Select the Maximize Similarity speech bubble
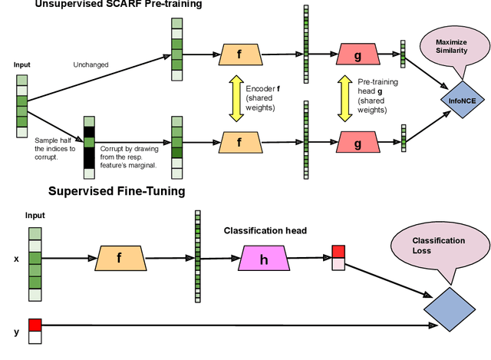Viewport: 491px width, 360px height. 450,47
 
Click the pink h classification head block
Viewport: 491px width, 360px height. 264,259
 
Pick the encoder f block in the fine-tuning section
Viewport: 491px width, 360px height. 119,259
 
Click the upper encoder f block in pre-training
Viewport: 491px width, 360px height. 238,54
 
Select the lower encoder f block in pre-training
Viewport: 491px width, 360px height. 238,142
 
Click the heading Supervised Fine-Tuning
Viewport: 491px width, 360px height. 116,191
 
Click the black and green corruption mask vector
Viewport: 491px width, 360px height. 88,142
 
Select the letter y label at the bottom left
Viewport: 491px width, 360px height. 16,332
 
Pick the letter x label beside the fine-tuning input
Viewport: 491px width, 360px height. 16,259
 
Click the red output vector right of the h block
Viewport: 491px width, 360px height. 338,258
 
